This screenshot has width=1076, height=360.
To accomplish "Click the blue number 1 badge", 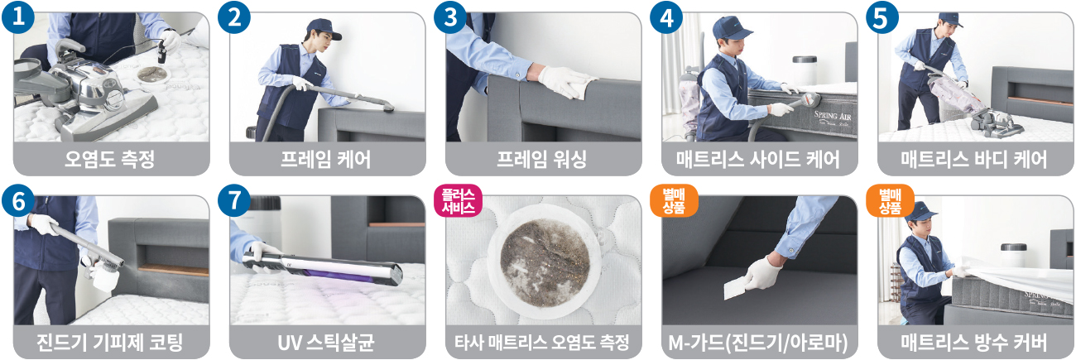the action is pos(18,17).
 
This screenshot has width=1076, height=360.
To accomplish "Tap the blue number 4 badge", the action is pos(666,17).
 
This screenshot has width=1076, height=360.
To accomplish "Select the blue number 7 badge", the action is pos(234,200).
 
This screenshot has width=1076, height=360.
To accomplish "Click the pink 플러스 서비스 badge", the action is pos(458,200).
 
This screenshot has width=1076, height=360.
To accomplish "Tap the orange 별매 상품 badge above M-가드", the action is pos(674,200).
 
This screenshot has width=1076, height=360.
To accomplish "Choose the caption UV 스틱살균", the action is pos(326,343).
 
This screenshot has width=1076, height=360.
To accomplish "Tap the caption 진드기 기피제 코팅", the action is pos(110,343).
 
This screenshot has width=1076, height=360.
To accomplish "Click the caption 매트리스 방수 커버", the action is pos(974,343).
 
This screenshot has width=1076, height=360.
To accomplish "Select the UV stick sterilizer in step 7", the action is pos(323,268).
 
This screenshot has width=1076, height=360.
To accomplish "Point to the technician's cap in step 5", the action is pos(950,20).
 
